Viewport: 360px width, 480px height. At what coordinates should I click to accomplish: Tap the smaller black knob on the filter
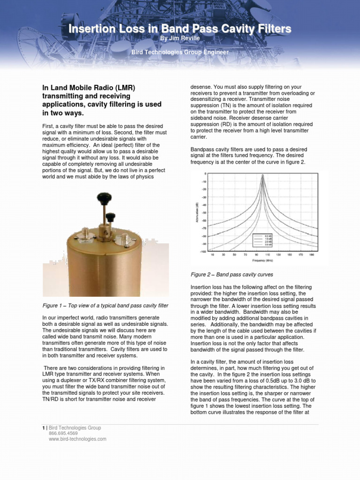(x=111, y=217)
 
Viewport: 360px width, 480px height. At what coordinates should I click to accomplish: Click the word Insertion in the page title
(x=90, y=29)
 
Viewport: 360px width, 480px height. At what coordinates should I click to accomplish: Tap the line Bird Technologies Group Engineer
(x=180, y=52)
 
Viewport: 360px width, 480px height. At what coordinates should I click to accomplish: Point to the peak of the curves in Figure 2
(x=262, y=176)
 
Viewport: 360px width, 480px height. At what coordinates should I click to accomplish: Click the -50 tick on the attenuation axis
(x=203, y=220)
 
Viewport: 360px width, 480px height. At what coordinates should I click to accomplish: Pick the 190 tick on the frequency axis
(x=312, y=255)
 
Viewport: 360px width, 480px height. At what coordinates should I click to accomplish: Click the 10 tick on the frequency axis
(x=212, y=255)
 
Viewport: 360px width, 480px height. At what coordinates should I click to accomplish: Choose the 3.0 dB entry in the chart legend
(x=269, y=245)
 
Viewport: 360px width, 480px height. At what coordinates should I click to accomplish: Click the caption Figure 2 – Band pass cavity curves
(x=232, y=274)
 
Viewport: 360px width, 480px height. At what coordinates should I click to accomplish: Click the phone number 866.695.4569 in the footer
(x=63, y=434)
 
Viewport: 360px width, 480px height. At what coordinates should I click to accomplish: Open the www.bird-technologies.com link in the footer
(x=77, y=439)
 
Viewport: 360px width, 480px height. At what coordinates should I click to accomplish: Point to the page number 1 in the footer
(x=44, y=427)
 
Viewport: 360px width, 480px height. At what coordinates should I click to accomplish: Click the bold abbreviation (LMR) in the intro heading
(x=123, y=88)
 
